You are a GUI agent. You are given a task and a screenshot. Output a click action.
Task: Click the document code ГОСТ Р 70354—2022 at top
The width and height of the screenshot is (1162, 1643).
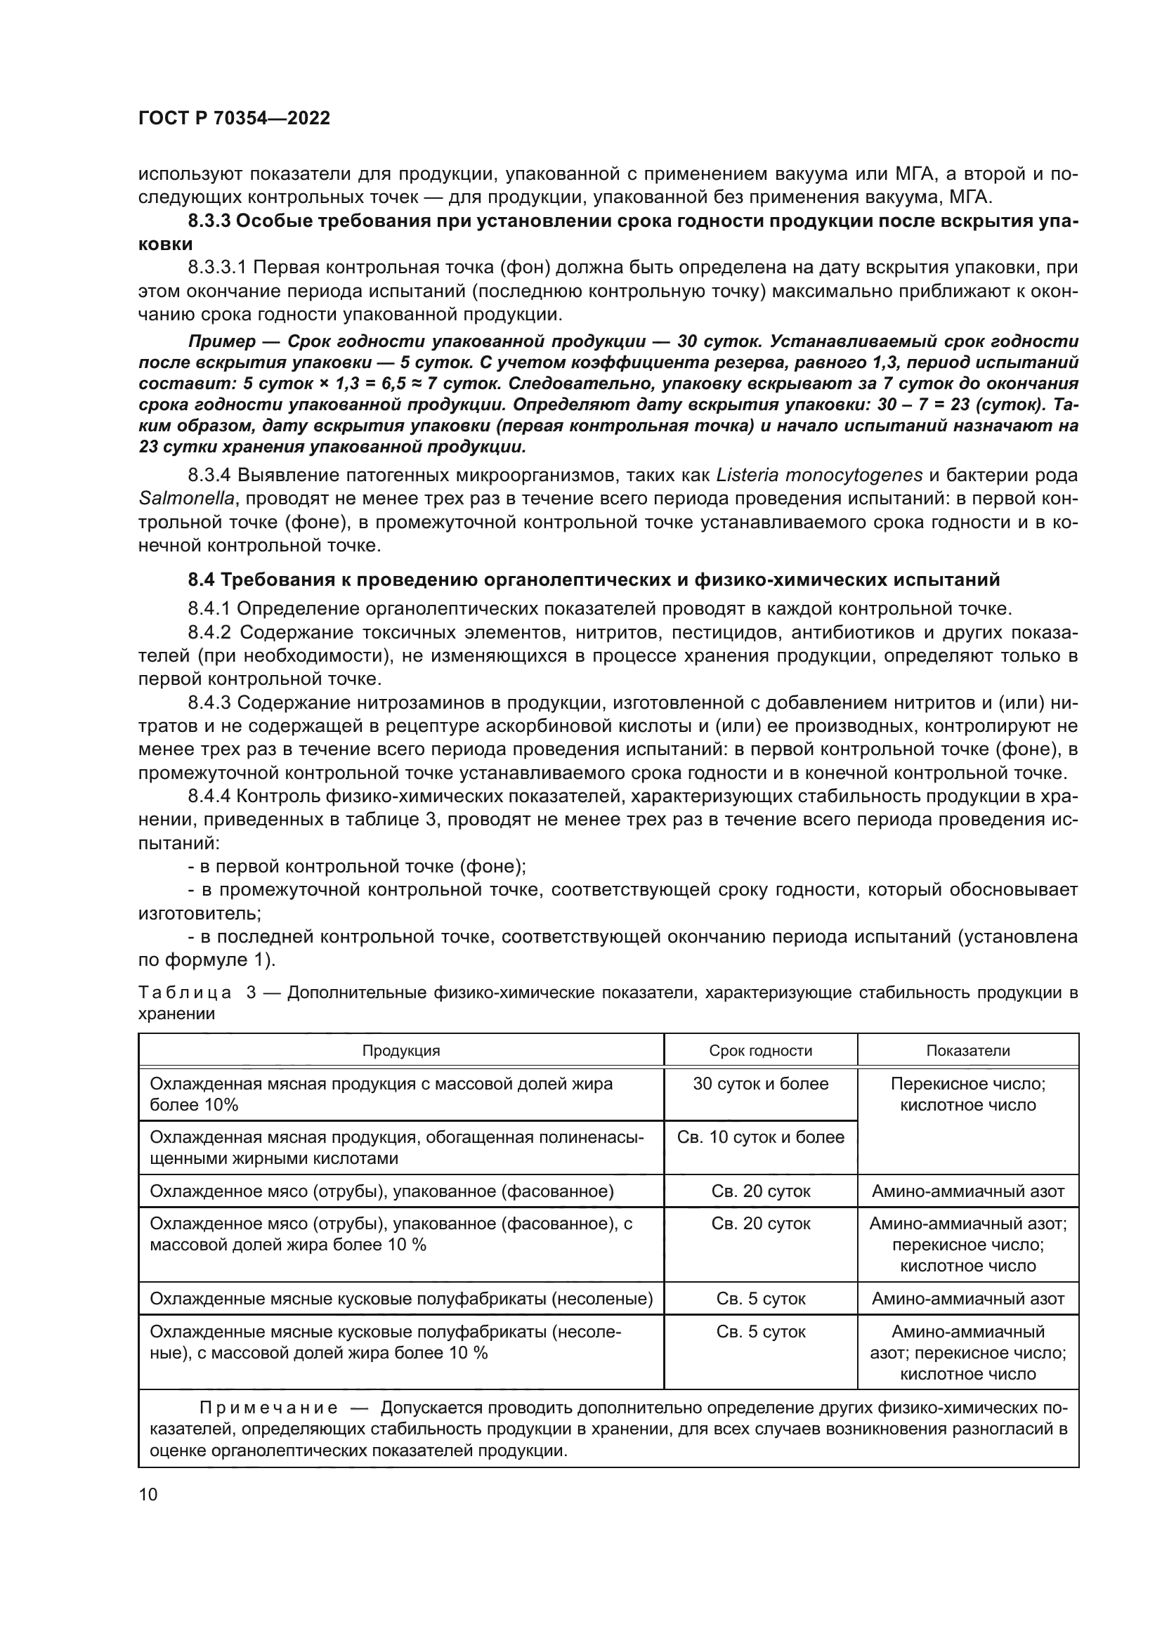(x=234, y=119)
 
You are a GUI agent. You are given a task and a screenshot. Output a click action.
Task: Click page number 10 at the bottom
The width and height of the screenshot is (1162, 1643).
(x=148, y=1495)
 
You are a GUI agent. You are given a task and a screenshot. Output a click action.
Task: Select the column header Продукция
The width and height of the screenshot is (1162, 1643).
(x=400, y=1050)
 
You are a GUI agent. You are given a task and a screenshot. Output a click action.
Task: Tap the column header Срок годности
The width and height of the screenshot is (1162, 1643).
(x=760, y=1050)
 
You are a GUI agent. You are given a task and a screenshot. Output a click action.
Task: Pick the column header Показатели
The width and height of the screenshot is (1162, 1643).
(x=967, y=1050)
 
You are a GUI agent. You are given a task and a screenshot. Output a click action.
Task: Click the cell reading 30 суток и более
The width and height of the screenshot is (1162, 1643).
(x=760, y=1083)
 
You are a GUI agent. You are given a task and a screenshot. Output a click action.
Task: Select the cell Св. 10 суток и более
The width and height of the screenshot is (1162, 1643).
(x=760, y=1137)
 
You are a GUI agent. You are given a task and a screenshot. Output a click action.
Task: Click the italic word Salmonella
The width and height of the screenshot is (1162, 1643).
(x=186, y=499)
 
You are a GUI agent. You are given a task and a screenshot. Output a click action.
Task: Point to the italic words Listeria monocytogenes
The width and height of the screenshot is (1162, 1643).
(x=819, y=475)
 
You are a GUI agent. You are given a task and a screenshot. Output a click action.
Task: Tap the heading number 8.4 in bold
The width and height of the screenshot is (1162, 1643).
(x=202, y=579)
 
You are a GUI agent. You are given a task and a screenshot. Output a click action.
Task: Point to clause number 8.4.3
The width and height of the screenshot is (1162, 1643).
(x=209, y=703)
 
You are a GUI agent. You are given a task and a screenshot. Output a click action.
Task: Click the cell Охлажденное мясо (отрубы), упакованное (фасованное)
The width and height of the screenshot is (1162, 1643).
(x=381, y=1191)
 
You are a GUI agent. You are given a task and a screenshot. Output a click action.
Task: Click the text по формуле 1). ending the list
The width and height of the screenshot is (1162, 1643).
(x=206, y=960)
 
